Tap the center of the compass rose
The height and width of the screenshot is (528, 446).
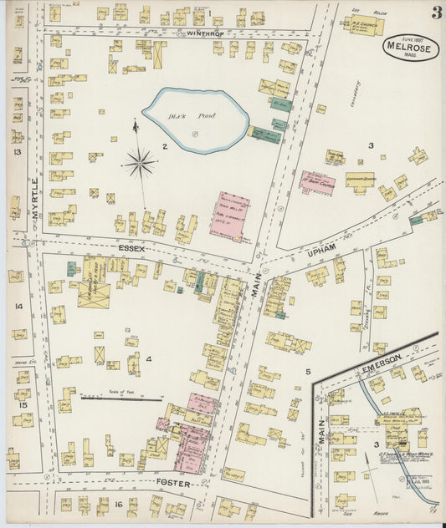(x=139, y=162)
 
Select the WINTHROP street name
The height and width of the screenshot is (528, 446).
(x=207, y=33)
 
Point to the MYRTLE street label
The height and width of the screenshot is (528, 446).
(x=35, y=197)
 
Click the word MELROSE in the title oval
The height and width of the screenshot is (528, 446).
(x=411, y=48)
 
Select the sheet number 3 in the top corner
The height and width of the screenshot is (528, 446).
(x=436, y=13)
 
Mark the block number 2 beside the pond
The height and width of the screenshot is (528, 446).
(x=166, y=147)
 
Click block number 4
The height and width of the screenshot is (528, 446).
(x=149, y=359)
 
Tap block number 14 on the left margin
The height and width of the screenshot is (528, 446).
(x=18, y=307)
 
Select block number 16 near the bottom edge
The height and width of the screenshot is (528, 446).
(x=120, y=504)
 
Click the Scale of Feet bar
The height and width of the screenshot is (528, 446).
(x=121, y=399)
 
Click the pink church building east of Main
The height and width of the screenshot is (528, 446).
(x=317, y=182)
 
